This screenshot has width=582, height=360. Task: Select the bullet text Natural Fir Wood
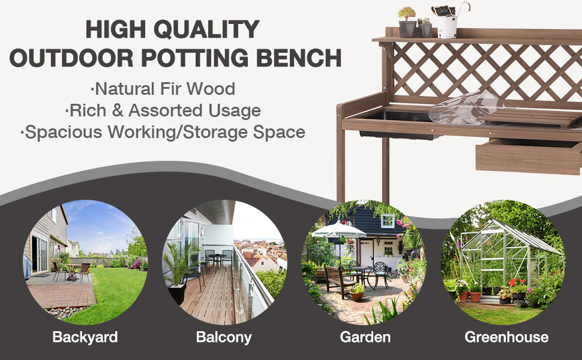tap(163, 89)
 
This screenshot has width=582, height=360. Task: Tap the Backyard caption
tap(85, 337)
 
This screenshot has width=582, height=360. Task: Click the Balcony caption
tap(223, 337)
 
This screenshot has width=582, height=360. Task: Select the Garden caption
tap(365, 337)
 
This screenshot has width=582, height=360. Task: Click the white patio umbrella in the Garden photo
tap(339, 230)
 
